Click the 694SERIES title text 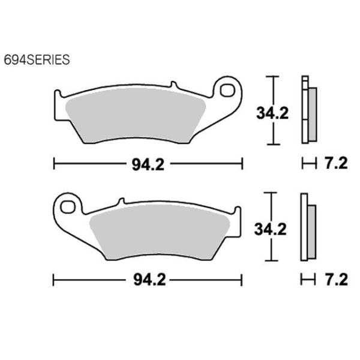(x=37, y=60)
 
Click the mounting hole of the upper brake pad (x=228, y=91)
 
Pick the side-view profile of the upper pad (x=308, y=110)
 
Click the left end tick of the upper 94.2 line (x=55, y=163)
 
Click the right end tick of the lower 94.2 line (x=242, y=280)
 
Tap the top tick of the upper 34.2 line (x=274, y=77)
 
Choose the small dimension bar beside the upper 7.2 (x=308, y=163)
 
